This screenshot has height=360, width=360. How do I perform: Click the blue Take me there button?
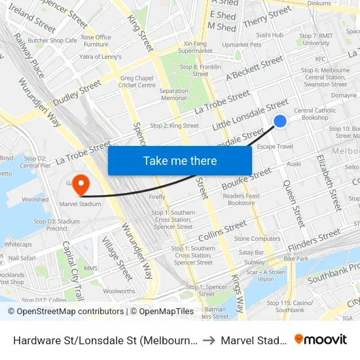tap(180, 160)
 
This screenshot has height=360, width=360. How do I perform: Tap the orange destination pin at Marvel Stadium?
tap(81, 184)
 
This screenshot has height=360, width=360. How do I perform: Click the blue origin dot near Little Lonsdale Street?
tap(279, 121)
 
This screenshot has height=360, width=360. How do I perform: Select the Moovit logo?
tap(321, 339)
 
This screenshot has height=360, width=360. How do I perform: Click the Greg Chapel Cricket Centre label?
tap(137, 81)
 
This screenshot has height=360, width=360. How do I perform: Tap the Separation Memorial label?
tap(173, 94)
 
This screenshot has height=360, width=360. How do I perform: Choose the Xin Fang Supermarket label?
tap(195, 46)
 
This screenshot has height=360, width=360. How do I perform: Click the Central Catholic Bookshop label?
tap(315, 114)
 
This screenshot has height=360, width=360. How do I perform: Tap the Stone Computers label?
tap(257, 239)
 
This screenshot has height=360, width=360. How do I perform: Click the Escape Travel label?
tap(275, 147)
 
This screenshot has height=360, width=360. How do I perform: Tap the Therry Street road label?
tap(266, 16)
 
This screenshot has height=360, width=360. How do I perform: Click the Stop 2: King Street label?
tap(174, 126)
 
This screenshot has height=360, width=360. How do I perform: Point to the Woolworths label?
tap(119, 291)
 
